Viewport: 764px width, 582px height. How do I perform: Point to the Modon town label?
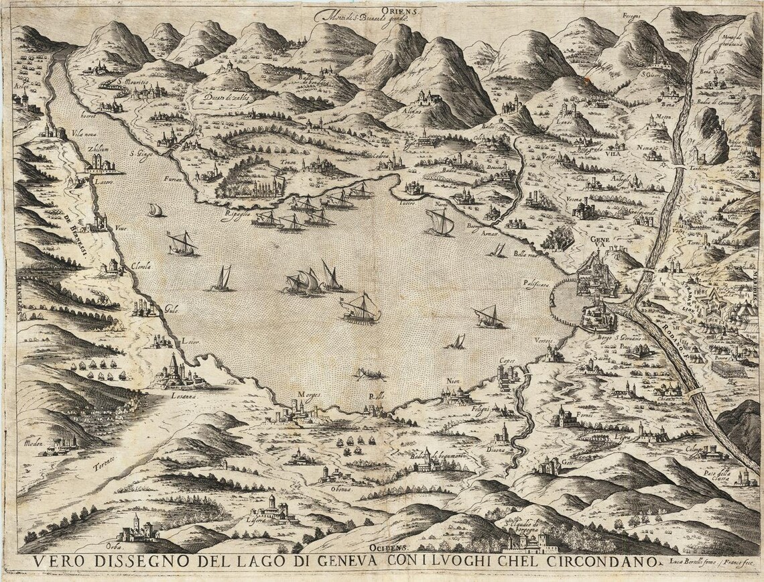coord(34,443)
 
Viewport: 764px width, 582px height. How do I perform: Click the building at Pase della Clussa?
coord(744,477)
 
